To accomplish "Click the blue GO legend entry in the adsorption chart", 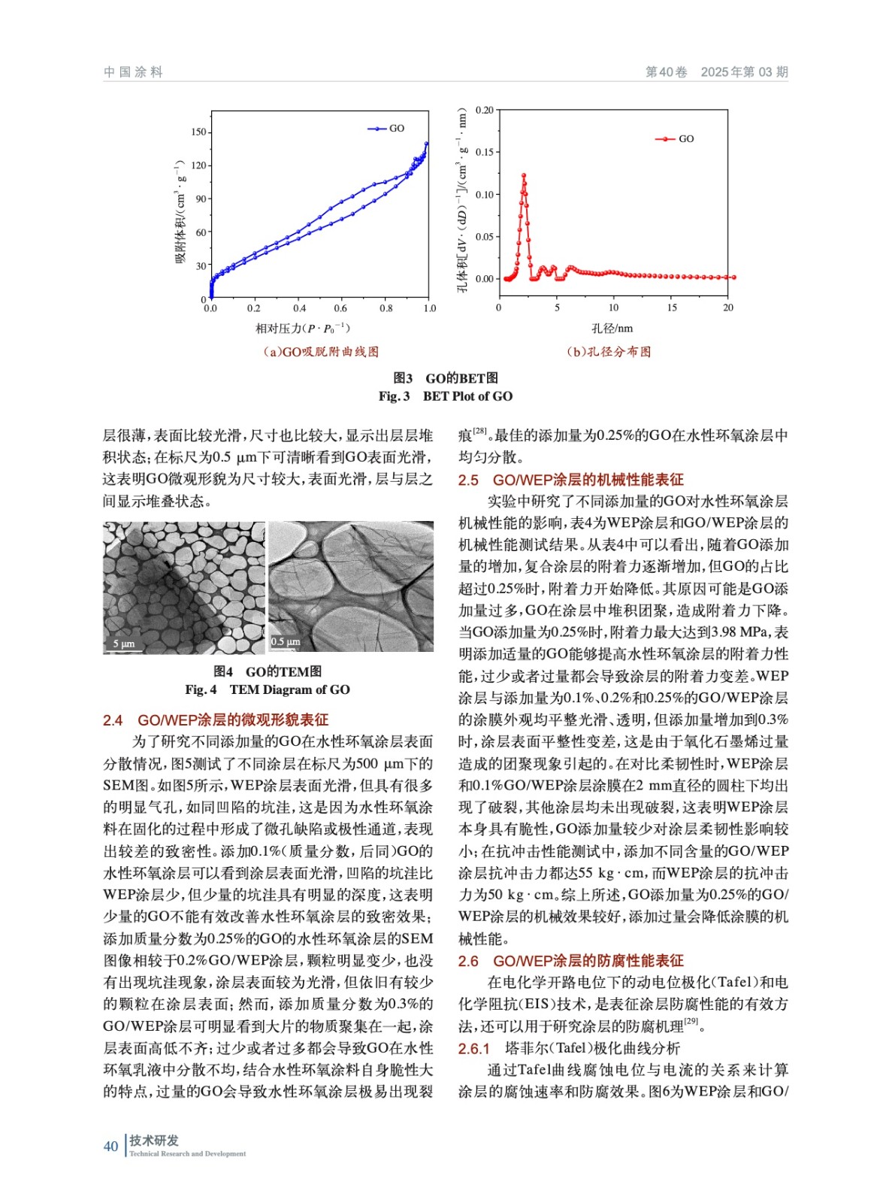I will point(386,129).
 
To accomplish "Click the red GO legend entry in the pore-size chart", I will point(676,139).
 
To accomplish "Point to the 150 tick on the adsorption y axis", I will point(198,132).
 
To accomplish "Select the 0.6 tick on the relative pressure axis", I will point(340,308).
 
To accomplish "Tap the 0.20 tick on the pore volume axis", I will point(485,111).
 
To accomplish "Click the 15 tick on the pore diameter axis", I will point(672,308).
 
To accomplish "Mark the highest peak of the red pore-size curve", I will point(524,175).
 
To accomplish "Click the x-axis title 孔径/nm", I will point(612,329).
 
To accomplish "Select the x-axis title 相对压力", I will point(303,329).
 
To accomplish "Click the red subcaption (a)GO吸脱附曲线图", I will point(320,352).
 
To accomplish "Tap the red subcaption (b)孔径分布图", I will point(609,352).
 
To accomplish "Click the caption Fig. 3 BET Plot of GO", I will point(446,396).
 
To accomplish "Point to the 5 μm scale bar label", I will point(124,644).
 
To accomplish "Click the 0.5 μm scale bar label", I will point(286,641).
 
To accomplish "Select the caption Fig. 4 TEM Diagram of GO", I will point(268,689).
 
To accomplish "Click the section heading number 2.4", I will point(113,720).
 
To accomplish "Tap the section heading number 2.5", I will point(468,480).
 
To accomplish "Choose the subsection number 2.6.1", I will point(474,1048).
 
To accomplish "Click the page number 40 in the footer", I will point(110,1146).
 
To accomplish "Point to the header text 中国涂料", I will point(133,72).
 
